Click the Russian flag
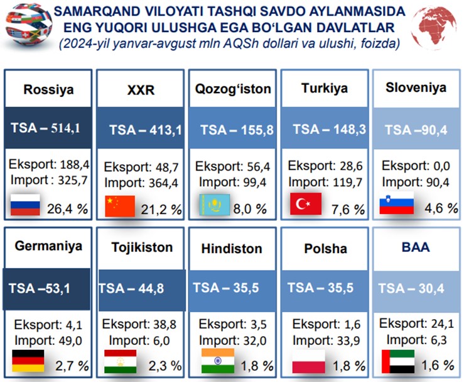click(25, 205)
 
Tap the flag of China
click(120, 206)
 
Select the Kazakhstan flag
click(215, 205)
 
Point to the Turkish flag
click(306, 203)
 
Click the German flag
click(28, 361)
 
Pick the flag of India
click(218, 361)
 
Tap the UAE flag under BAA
click(398, 361)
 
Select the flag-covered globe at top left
click(29, 25)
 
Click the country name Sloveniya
click(416, 87)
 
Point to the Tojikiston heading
click(142, 247)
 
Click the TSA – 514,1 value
click(46, 128)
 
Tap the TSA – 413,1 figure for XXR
click(146, 130)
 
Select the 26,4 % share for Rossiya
click(67, 209)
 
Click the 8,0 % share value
click(250, 209)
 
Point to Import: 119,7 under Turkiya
click(325, 182)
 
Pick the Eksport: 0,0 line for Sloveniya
click(416, 166)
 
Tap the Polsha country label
click(325, 249)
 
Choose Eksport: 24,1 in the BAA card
click(416, 323)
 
